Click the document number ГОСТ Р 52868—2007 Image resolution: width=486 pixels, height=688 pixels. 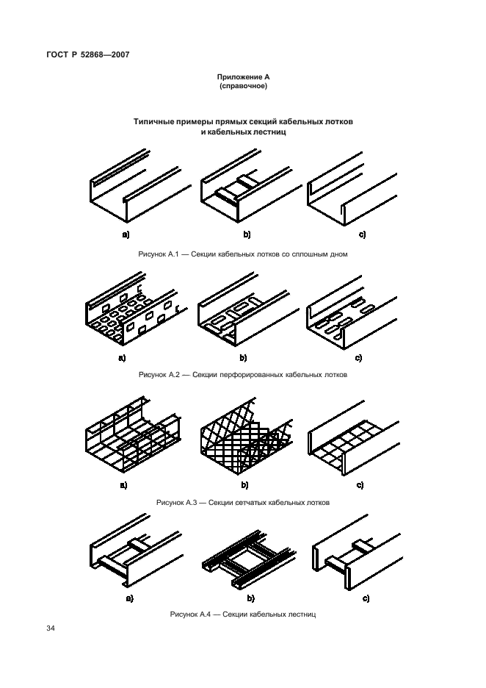[87, 55]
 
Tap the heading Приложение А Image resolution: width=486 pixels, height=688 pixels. [243, 77]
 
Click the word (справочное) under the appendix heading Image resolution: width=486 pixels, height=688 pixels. [243, 86]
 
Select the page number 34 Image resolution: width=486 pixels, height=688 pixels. [51, 628]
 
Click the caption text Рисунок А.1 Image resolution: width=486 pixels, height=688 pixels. [159, 254]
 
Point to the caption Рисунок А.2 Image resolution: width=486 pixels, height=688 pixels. [159, 375]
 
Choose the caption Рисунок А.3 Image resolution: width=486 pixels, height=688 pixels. [177, 502]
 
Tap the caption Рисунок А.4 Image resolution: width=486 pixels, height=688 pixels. [191, 614]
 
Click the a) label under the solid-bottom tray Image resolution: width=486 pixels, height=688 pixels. [126, 234]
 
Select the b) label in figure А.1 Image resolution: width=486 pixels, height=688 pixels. [247, 234]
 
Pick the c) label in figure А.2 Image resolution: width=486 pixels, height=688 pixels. [358, 358]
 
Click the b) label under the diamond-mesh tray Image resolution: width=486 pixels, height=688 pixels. [244, 485]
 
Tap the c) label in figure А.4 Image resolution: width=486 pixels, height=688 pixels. [366, 598]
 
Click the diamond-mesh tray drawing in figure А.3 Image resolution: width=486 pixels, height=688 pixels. [247, 436]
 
